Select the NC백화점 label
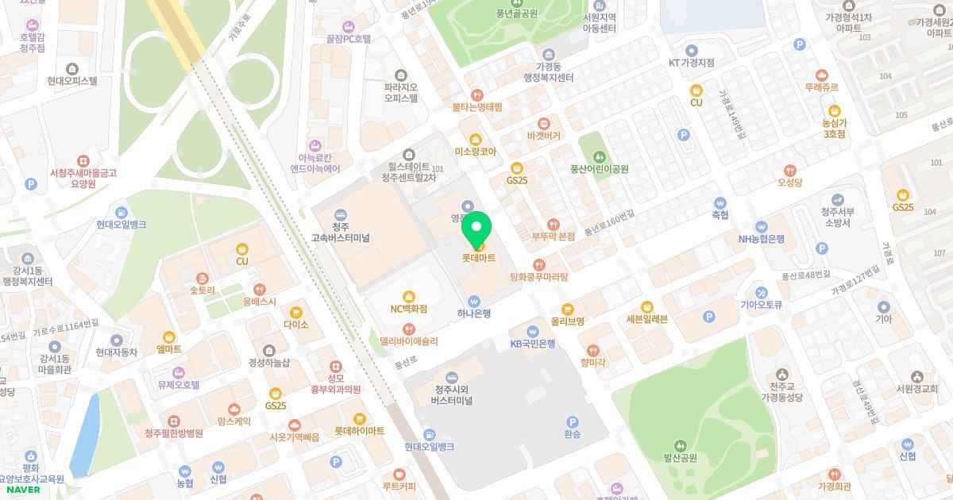(408, 308)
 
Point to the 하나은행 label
(474, 313)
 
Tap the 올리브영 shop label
(567, 321)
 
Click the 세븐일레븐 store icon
(647, 306)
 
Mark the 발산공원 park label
(680, 458)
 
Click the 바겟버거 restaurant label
(543, 136)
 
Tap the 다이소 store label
(295, 324)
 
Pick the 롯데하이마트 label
(359, 430)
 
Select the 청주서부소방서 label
(835, 217)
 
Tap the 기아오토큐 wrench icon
(761, 292)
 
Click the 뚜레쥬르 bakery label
(821, 87)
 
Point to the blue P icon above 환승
(572, 422)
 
